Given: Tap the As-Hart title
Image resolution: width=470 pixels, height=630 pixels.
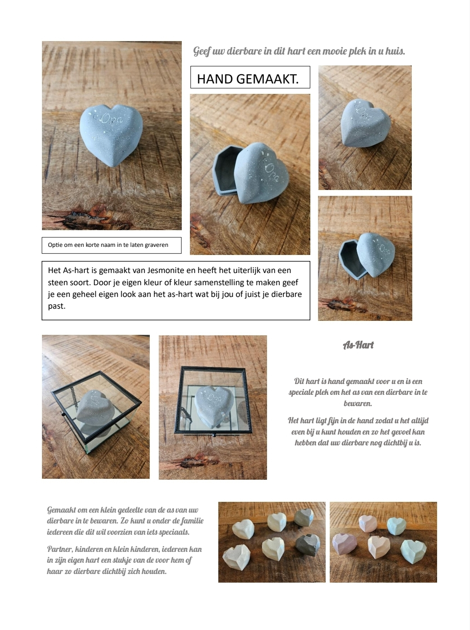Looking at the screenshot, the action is point(358,345).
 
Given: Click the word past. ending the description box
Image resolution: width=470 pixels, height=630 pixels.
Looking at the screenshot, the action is point(57,306).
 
